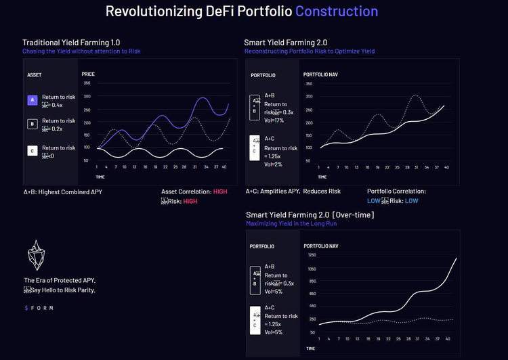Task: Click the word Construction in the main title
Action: (337, 12)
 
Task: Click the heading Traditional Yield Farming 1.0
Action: (72, 43)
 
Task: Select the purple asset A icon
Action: (32, 100)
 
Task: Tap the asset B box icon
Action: (32, 124)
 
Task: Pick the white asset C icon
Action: (32, 151)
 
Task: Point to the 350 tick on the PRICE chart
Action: (86, 83)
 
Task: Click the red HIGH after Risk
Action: (191, 201)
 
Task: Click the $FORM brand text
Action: (39, 308)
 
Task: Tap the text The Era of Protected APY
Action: (60, 280)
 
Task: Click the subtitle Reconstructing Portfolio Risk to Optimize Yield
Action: (309, 51)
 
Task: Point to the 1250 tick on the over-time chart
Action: (311, 255)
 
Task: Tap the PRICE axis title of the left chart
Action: (88, 74)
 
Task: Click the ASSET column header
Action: (34, 74)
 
